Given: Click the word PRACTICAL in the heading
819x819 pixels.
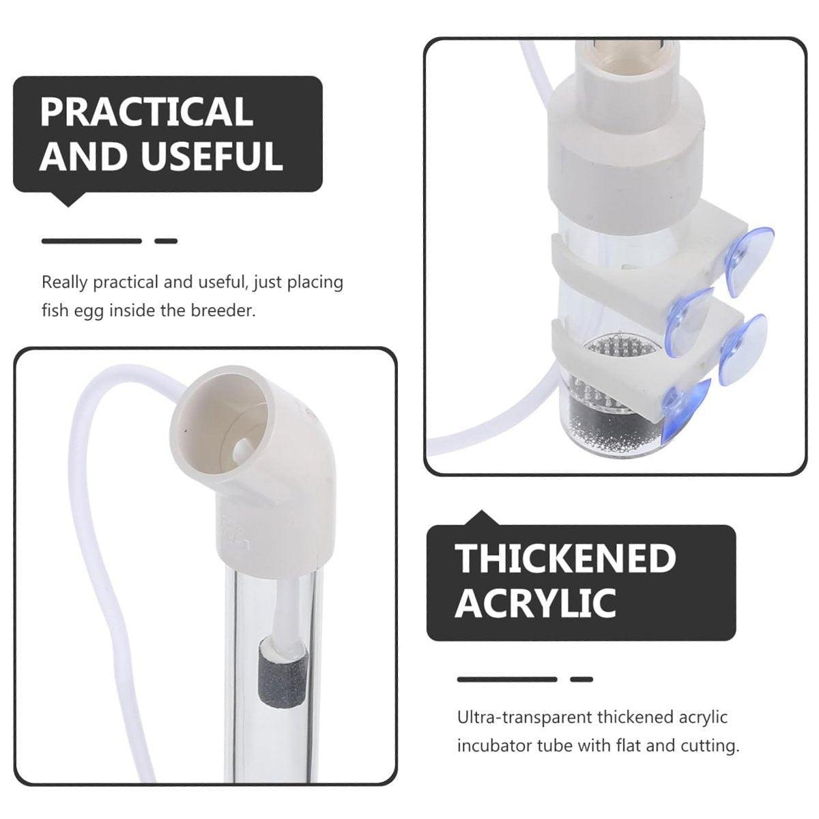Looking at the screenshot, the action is coord(147,111).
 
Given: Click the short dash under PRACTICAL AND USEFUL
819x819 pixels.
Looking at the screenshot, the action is coord(166,242).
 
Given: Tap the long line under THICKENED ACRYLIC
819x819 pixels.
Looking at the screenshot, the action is coord(507,679).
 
